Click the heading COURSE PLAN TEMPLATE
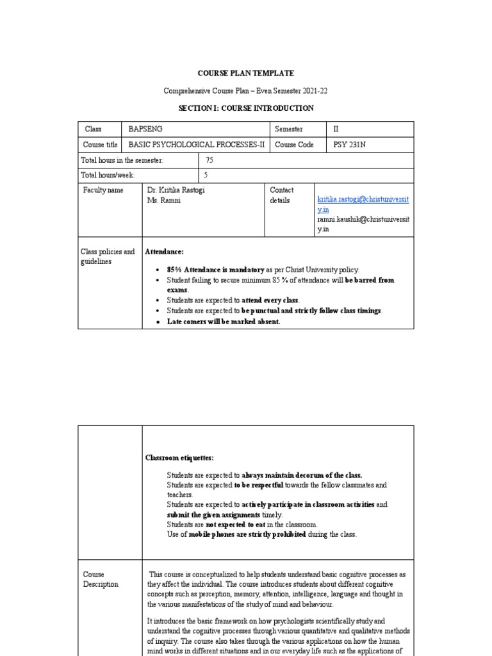245,74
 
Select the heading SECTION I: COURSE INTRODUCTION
245,108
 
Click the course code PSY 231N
350,145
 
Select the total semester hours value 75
209,160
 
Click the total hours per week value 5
206,175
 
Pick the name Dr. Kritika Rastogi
177,190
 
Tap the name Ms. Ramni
164,201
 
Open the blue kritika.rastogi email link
363,200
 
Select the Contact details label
282,195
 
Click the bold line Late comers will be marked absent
223,322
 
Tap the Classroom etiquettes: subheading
179,458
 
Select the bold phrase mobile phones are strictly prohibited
248,534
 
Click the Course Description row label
101,580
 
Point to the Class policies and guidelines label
108,257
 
